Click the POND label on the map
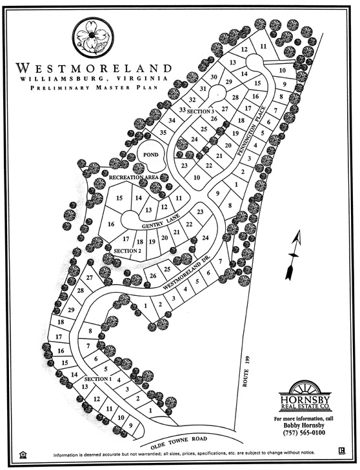point(150,155)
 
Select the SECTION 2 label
point(127,250)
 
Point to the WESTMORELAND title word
point(94,67)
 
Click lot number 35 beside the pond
point(163,133)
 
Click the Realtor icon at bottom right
point(339,452)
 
